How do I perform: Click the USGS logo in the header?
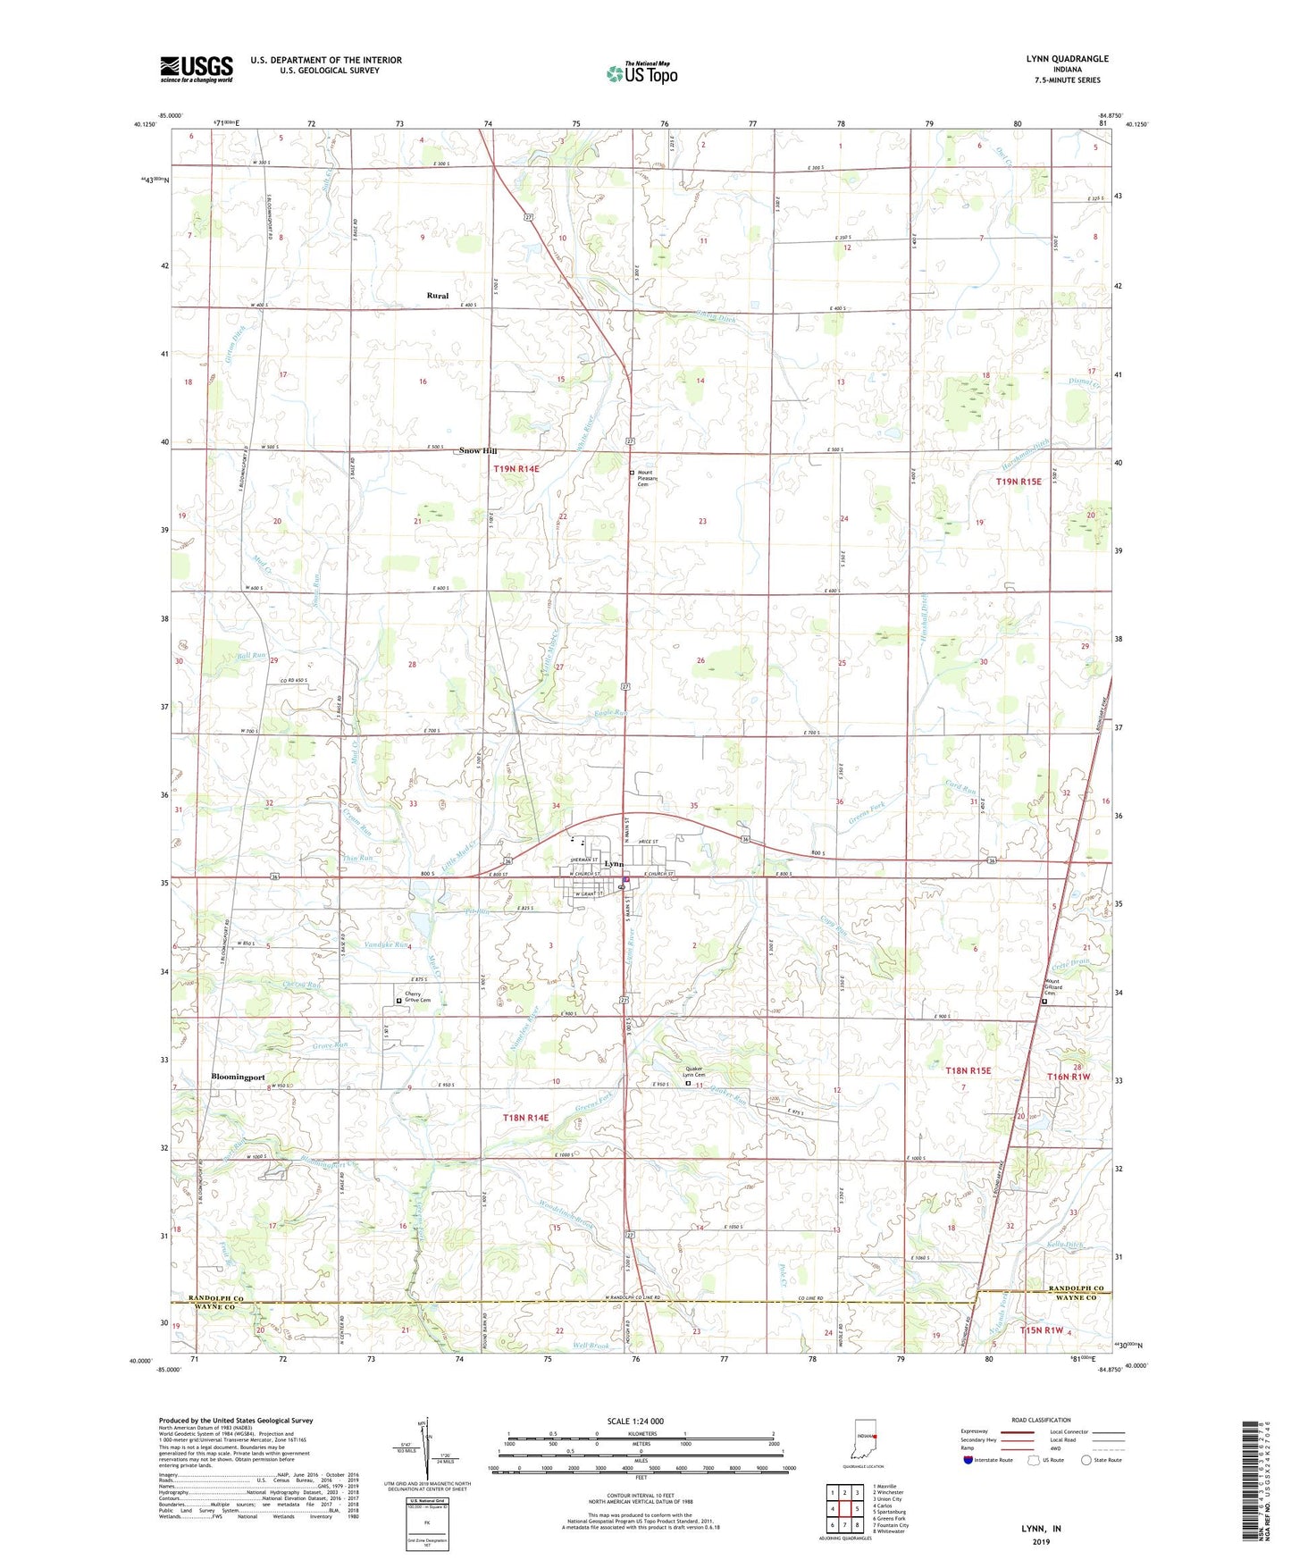pos(197,68)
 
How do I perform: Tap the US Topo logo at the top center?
pos(641,73)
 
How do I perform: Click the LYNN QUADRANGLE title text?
pos(1067,59)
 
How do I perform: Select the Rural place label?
pos(437,296)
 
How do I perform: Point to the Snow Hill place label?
pos(478,451)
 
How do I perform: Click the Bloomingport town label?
pos(238,1077)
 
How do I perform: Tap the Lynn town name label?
pos(614,864)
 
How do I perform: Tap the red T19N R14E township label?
pos(516,469)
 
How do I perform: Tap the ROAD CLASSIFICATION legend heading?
pos(1041,1420)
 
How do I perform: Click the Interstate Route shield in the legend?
pos(968,1460)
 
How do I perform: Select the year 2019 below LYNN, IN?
pos(1041,1542)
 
